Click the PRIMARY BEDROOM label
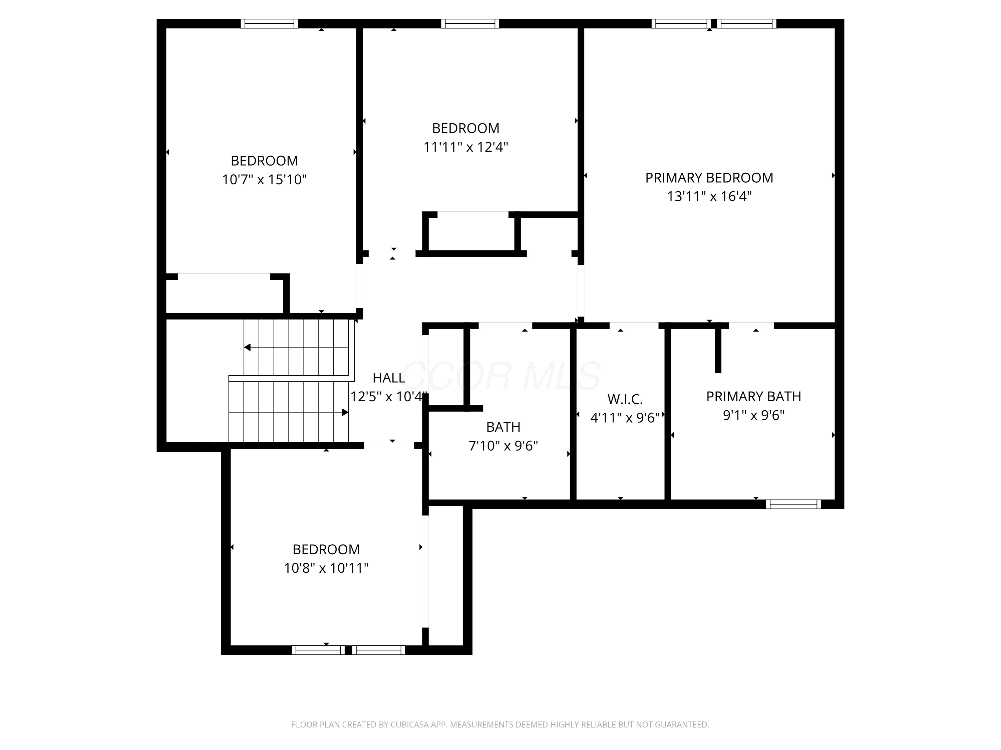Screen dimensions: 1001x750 click(x=709, y=178)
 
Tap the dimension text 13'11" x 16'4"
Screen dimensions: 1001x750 click(x=709, y=197)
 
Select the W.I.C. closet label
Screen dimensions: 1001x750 click(x=625, y=399)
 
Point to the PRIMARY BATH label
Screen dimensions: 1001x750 click(x=753, y=396)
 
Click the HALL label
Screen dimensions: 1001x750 click(x=389, y=377)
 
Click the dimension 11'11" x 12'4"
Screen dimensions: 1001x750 click(x=466, y=147)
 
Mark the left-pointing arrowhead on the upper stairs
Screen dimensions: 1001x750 click(x=248, y=347)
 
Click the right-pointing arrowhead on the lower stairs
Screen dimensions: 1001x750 click(x=345, y=412)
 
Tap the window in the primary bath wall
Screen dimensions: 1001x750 click(x=793, y=504)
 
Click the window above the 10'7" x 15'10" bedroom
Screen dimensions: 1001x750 click(x=269, y=24)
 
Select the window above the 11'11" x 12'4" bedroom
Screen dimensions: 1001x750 click(x=470, y=24)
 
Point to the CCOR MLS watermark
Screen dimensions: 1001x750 click(x=502, y=376)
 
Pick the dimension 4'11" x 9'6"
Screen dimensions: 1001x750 click(x=625, y=418)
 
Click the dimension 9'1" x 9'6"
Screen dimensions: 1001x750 click(x=753, y=415)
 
